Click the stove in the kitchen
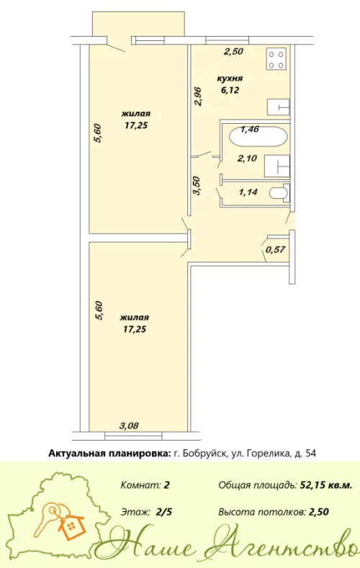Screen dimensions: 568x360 point(277,58)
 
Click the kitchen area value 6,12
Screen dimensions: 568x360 point(230,89)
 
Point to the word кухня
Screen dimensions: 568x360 point(230,78)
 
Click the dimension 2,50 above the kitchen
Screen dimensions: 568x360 point(232,51)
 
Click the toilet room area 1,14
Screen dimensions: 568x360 point(248,192)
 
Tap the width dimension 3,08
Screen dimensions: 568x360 point(129,425)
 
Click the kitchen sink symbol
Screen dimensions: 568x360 point(279,107)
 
